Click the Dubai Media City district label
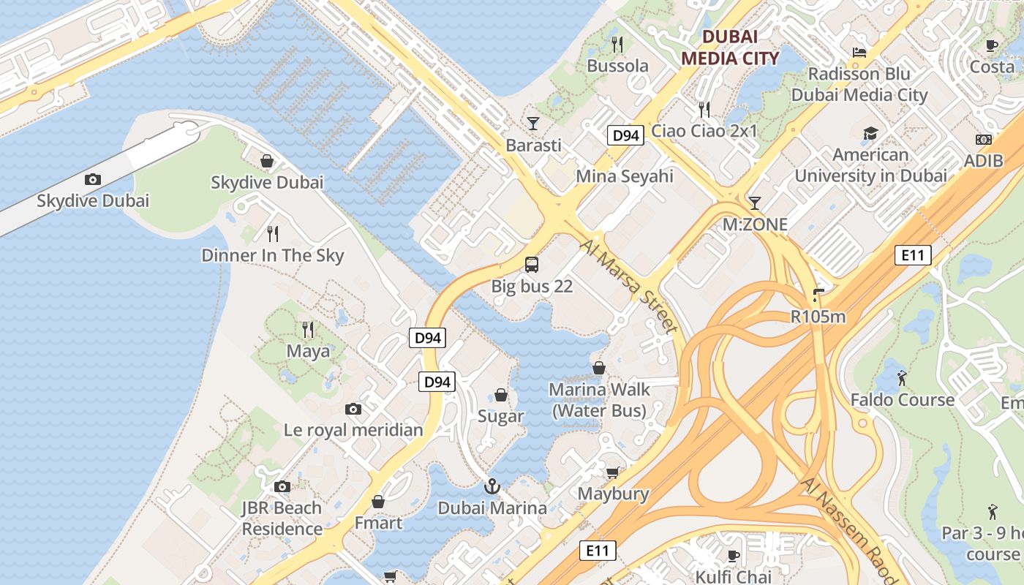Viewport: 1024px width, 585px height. coord(729,47)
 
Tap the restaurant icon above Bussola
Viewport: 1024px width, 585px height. coord(617,45)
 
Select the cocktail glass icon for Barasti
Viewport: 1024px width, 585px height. coord(533,123)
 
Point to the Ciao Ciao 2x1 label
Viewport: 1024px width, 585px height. coord(704,132)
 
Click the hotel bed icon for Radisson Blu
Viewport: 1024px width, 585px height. coord(859,53)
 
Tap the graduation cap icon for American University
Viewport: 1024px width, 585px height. coord(870,133)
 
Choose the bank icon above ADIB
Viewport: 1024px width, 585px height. coord(984,140)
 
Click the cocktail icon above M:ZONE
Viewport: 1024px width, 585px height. coord(755,203)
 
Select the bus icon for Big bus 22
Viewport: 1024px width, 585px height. coord(532,265)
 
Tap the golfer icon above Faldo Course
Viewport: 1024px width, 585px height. coord(902,378)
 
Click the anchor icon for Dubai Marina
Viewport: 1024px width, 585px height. coord(493,486)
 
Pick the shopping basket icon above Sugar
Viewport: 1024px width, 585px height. coord(501,395)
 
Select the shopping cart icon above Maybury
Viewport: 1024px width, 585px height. coord(612,472)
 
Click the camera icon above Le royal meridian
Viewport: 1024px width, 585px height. coord(353,409)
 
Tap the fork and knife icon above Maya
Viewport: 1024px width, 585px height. coord(308,330)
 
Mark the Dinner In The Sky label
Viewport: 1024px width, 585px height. coord(273,255)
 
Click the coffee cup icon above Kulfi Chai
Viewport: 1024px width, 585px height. coord(734,556)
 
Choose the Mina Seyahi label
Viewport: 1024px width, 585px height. coord(625,176)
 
